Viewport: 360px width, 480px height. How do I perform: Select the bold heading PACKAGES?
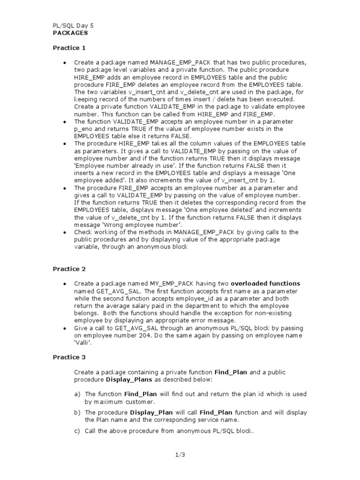[x=69, y=33]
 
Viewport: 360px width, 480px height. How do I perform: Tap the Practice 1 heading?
[x=69, y=48]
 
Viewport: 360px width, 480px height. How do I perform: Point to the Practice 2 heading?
[x=69, y=269]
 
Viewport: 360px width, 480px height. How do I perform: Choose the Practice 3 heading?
[x=69, y=357]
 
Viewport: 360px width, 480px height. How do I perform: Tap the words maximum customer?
[x=120, y=402]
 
